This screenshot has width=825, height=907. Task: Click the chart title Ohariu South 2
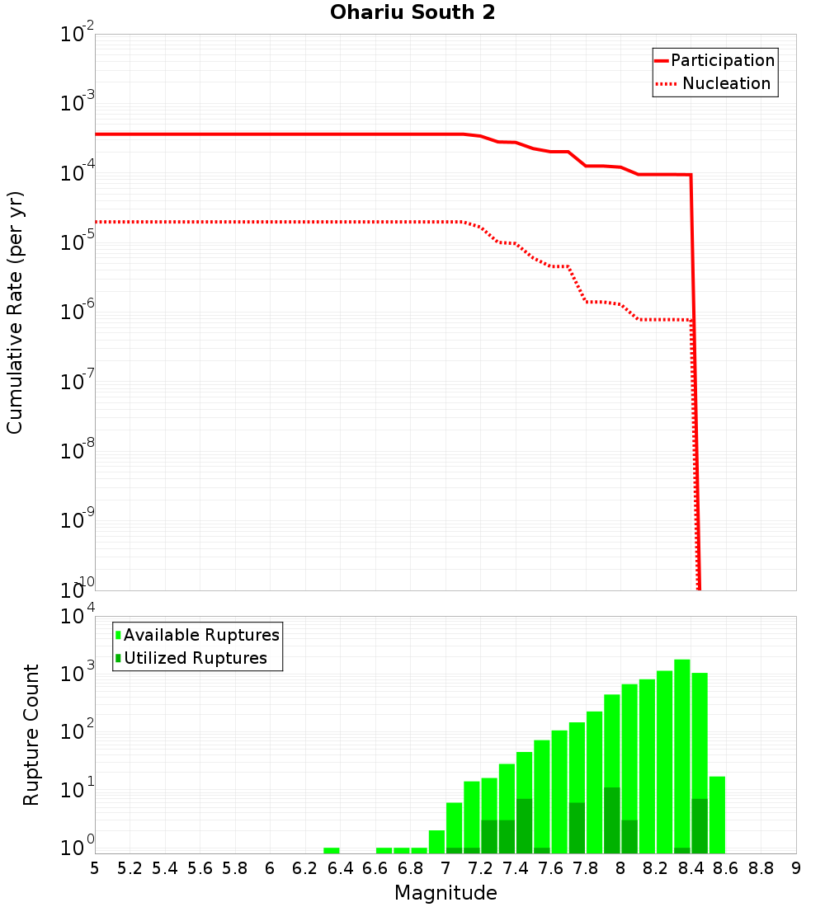(x=412, y=13)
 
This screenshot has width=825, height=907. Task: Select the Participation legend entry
(x=722, y=60)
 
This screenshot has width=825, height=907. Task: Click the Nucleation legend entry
(x=726, y=83)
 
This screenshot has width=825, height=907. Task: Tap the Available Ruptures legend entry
(x=201, y=635)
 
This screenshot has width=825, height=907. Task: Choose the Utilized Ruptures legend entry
(x=195, y=658)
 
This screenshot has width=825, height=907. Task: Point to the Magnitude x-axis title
(x=445, y=893)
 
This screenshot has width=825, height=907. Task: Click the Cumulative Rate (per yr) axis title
(x=15, y=312)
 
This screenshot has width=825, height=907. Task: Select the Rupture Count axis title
(x=31, y=735)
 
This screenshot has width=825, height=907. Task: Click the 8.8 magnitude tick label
(x=761, y=868)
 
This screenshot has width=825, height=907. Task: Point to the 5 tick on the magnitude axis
(x=95, y=868)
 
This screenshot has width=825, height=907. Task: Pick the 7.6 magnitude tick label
(x=550, y=868)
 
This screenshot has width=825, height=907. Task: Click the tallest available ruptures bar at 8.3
(x=682, y=742)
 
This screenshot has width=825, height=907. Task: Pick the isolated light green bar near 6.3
(x=332, y=850)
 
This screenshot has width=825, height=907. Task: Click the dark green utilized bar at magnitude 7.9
(x=612, y=820)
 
